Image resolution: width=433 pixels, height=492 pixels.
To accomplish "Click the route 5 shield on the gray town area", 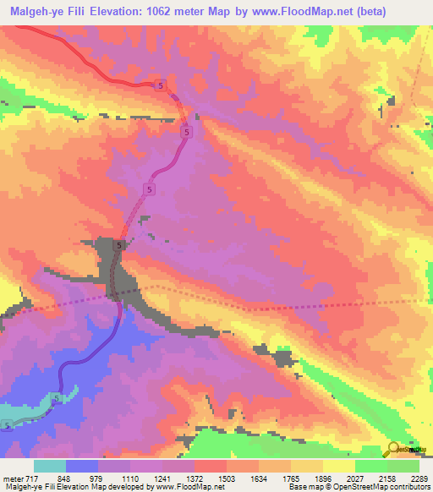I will click(119, 245).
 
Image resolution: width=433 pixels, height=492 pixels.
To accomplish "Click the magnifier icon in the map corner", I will click(394, 448).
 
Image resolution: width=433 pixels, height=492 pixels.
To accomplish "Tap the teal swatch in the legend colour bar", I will click(50, 467).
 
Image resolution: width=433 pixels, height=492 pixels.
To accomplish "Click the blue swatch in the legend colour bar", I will click(82, 467).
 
